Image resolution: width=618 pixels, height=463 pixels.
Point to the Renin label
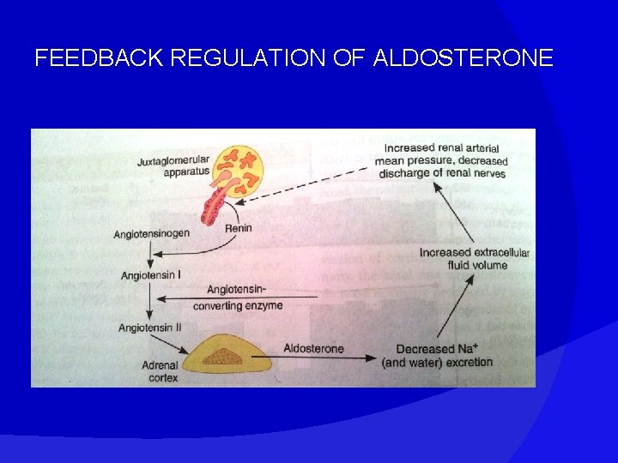239,228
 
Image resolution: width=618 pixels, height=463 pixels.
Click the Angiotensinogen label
152,234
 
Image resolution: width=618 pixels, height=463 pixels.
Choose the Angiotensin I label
151,275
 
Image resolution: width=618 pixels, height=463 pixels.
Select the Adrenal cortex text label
160,371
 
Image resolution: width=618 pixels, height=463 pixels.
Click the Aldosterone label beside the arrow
313,349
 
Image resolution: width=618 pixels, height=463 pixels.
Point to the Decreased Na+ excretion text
438,355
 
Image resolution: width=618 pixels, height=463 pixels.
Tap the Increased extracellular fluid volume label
475,258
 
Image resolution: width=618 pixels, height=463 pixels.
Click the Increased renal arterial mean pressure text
441,160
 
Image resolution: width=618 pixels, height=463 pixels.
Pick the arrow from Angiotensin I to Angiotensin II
151,301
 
